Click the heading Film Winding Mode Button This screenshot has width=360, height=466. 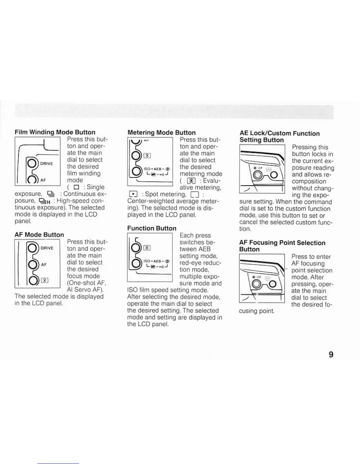pyautogui.click(x=55, y=132)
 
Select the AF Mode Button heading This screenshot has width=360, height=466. pyautogui.click(x=39, y=235)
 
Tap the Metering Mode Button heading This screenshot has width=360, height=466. pyautogui.click(x=161, y=133)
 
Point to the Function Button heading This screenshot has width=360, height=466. pyautogui.click(x=152, y=228)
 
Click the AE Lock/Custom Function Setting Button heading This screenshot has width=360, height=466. pyautogui.click(x=279, y=137)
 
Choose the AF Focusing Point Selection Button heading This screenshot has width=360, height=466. pyautogui.click(x=282, y=246)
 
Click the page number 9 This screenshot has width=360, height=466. pyautogui.click(x=331, y=355)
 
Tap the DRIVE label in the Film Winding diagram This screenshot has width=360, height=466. pyautogui.click(x=46, y=164)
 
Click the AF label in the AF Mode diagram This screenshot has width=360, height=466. pyautogui.click(x=44, y=264)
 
